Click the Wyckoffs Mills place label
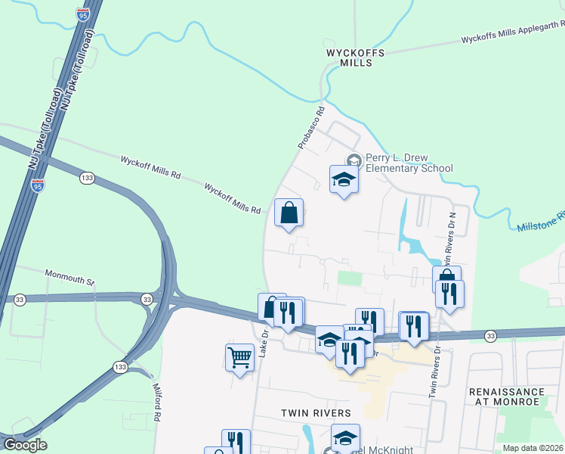click(355, 58)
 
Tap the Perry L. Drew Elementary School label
click(409, 163)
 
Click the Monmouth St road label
click(69, 277)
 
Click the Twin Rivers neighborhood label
click(316, 413)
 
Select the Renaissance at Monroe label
click(506, 396)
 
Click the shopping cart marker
click(239, 356)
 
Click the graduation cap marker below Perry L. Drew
click(344, 179)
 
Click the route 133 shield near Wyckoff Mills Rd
click(87, 178)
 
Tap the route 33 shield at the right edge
click(490, 335)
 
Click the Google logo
click(25, 445)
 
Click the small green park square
click(349, 278)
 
